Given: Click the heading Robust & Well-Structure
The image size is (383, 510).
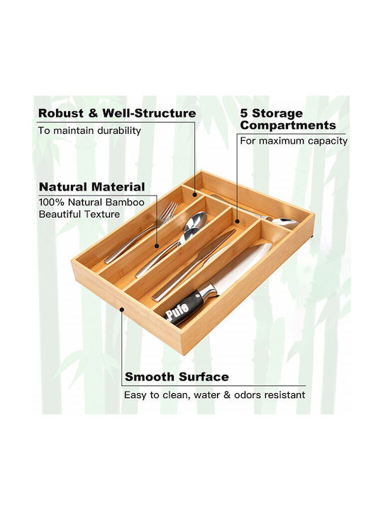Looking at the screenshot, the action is (117, 113).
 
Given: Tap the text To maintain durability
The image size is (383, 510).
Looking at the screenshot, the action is (89, 131).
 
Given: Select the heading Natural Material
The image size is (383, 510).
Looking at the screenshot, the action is (91, 187).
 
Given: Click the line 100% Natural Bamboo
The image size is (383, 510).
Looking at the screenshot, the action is (91, 203).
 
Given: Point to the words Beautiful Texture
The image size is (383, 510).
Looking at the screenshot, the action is (79, 215).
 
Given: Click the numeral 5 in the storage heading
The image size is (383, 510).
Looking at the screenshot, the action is (244, 113).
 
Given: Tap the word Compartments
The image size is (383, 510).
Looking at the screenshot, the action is (288, 125).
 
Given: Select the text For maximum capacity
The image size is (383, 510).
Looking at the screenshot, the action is (294, 141).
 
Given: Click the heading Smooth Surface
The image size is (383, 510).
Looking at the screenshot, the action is (177, 377).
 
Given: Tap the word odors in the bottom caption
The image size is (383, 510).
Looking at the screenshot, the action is (245, 395).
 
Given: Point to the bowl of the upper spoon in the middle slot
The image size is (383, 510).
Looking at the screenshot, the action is (196, 220).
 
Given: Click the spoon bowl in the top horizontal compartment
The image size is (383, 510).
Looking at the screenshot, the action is (285, 223).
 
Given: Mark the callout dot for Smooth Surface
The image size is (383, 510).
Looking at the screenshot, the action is (122, 310).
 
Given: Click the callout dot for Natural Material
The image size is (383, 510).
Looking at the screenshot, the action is (157, 246).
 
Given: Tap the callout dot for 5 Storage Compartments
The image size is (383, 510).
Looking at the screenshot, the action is (237, 222).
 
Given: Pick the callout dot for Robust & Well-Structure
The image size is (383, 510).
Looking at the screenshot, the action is (195, 195).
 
